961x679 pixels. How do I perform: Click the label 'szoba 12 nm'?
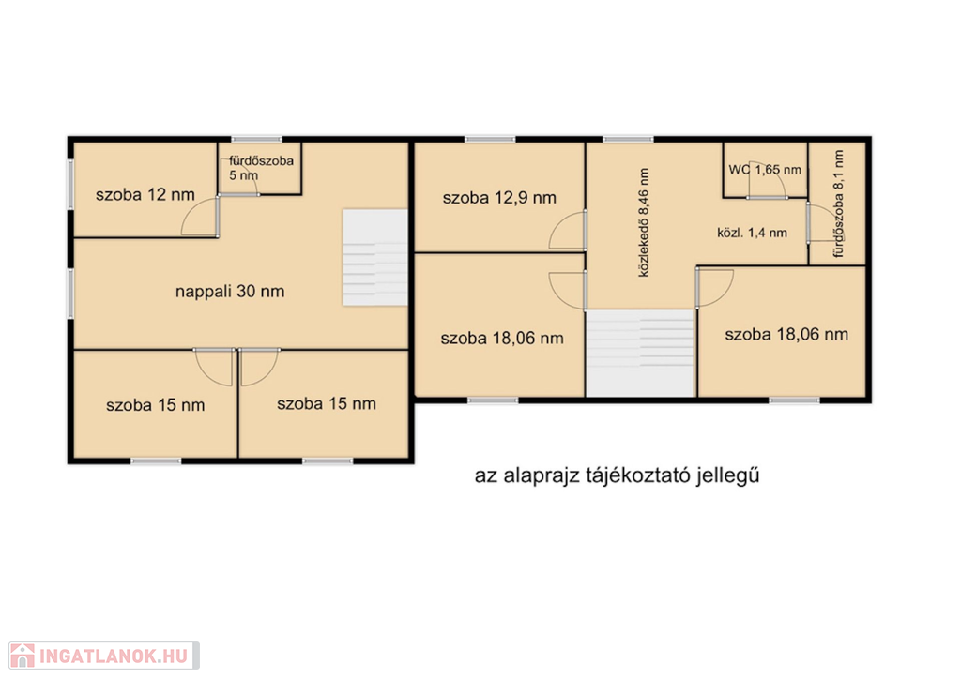(145, 195)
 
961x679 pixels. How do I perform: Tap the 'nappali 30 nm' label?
(230, 292)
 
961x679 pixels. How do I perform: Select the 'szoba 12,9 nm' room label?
(499, 198)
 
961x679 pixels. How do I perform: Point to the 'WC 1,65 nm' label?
(765, 170)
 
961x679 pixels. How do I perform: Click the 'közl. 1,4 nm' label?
(752, 233)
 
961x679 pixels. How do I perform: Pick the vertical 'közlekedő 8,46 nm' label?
(644, 223)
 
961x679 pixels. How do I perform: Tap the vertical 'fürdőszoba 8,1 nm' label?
(838, 204)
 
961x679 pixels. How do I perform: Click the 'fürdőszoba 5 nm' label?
(261, 168)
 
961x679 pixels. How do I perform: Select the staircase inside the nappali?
(375, 258)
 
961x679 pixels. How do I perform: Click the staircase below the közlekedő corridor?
(640, 354)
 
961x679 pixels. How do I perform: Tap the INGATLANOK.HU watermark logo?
(103, 656)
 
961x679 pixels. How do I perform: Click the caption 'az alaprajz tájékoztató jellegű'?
(618, 475)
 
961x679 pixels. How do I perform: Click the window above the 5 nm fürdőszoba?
(257, 140)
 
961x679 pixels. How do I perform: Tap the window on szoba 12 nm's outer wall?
(70, 185)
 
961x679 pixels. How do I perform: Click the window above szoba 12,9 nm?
(490, 140)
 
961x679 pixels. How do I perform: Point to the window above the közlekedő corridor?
(628, 140)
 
